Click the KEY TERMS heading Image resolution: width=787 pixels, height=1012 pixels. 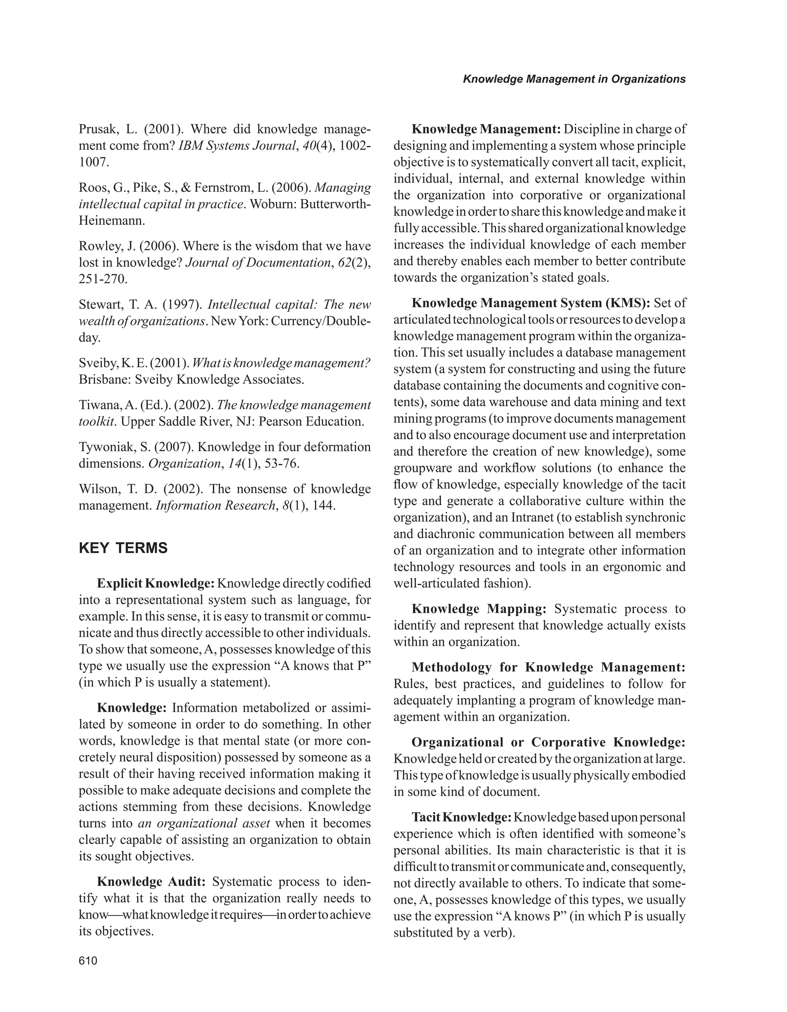(x=123, y=548)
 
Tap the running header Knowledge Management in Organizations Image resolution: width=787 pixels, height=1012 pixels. (x=574, y=79)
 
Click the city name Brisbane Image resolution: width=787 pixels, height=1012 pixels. (x=105, y=379)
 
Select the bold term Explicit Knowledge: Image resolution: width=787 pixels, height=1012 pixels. (x=155, y=583)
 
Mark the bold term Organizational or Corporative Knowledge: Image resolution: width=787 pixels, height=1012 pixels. (x=548, y=742)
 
